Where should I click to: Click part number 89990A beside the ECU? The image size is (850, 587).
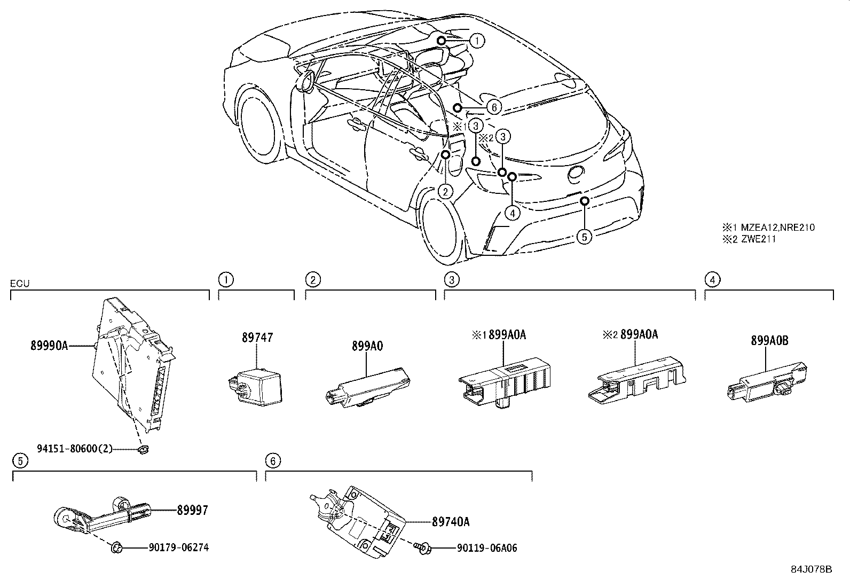[x=49, y=346]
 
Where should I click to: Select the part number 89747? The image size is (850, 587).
[x=257, y=337]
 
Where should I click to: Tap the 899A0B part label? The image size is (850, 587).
[x=769, y=340]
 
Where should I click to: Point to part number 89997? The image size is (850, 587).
[x=192, y=510]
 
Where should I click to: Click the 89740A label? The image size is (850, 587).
[x=451, y=522]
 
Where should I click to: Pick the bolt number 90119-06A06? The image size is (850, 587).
[x=487, y=548]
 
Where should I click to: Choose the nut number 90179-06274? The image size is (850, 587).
[x=179, y=547]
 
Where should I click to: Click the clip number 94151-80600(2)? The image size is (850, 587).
[x=75, y=449]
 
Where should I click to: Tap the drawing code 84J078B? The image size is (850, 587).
[x=812, y=569]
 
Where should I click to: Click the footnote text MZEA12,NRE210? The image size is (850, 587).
[x=778, y=228]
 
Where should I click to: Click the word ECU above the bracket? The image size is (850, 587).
[x=20, y=283]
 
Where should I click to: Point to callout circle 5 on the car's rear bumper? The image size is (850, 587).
[x=584, y=237]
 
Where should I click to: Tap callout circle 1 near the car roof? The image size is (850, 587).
[x=477, y=41]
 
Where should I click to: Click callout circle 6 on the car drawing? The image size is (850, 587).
[x=494, y=107]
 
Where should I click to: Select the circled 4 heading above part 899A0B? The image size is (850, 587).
[x=712, y=280]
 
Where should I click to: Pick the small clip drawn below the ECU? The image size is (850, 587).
[x=144, y=450]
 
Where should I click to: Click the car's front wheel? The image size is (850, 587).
[x=258, y=123]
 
